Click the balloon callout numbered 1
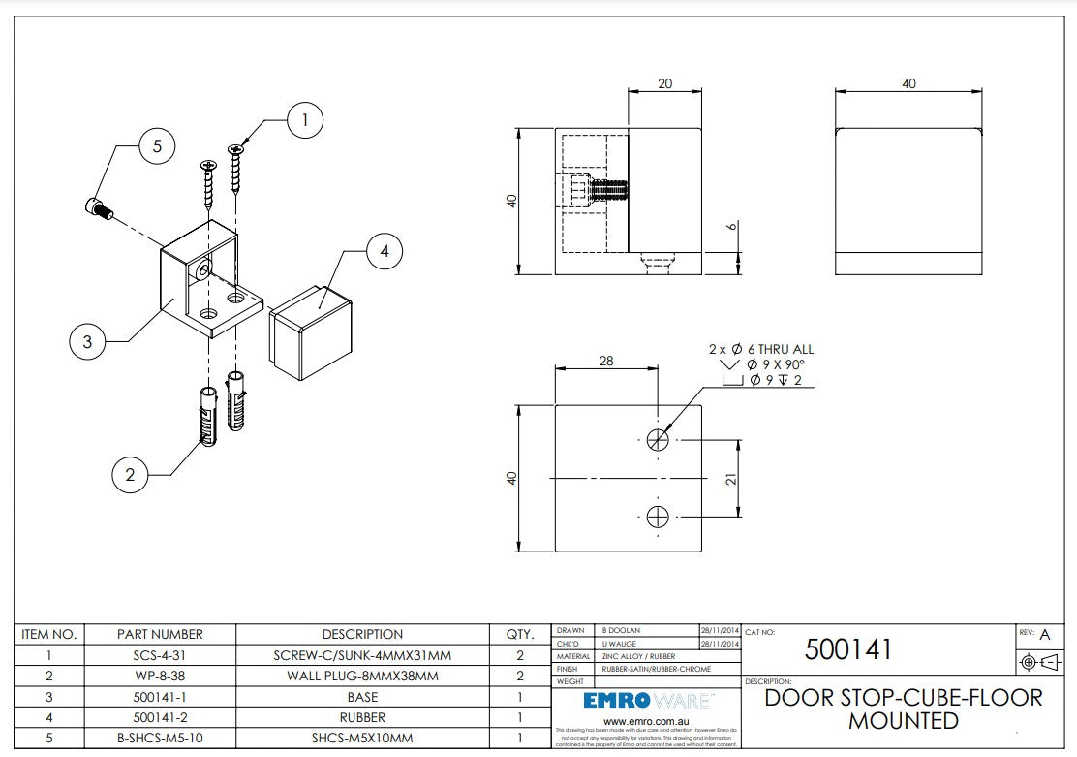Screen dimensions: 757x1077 click(x=305, y=121)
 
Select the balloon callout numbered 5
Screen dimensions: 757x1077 click(x=157, y=146)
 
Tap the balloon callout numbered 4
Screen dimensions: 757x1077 click(x=385, y=252)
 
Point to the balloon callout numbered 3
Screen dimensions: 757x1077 click(x=87, y=341)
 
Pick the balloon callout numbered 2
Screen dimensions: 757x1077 click(x=130, y=474)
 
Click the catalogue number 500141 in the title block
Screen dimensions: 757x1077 click(x=848, y=649)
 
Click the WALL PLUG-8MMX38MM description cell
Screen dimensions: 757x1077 click(x=362, y=676)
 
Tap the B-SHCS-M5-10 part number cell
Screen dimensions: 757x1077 click(x=160, y=739)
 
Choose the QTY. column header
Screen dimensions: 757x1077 click(x=520, y=634)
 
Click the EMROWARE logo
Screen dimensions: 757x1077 click(x=648, y=701)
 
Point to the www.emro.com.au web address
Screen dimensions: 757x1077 click(x=647, y=722)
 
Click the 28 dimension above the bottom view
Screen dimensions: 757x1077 click(x=606, y=361)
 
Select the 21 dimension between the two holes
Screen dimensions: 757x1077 click(x=732, y=478)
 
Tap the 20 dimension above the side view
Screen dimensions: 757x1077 click(x=664, y=84)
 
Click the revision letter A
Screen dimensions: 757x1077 click(x=1044, y=635)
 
